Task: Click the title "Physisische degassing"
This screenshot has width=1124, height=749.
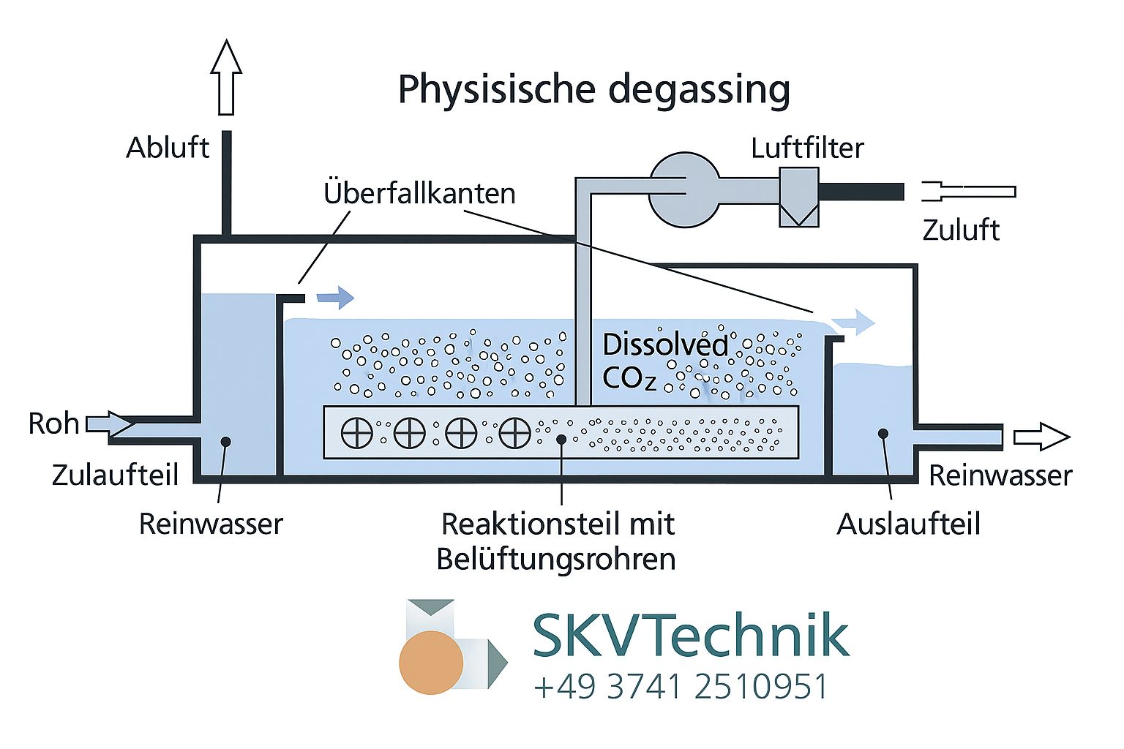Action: pos(593,89)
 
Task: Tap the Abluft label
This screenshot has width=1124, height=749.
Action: pos(168,148)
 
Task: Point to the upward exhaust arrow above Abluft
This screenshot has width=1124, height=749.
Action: pos(226,77)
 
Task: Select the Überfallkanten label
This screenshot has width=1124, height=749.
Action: pos(419,193)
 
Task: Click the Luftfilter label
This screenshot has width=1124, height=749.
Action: pos(807,148)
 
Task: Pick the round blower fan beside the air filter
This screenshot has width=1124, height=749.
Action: pos(684,189)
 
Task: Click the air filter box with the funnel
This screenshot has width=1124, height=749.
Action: pos(798,197)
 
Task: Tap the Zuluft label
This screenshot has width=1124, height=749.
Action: pos(960,230)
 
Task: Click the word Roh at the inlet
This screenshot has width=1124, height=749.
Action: pos(53,424)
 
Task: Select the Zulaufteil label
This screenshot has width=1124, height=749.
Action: pos(115,475)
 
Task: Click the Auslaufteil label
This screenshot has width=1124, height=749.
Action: pos(908,524)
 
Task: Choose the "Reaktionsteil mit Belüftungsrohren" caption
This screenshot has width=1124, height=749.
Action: pos(557,541)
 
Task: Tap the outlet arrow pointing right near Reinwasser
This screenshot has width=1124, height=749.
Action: pos(1041,437)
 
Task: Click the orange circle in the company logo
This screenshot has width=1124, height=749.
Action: pos(431,662)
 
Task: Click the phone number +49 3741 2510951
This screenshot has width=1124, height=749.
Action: pos(681,687)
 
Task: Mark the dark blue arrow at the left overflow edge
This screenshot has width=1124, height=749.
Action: pos(335,297)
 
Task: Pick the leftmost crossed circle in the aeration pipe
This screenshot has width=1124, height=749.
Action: pos(357,434)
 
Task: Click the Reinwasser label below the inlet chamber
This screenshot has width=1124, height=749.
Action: pos(211,524)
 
